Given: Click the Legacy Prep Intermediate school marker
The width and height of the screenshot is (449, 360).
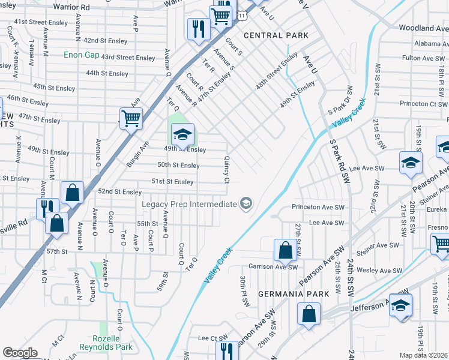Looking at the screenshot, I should (x=246, y=205).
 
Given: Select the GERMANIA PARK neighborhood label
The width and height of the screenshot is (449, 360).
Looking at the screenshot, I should (x=294, y=294).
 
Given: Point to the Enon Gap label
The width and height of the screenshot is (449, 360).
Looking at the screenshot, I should (x=81, y=55).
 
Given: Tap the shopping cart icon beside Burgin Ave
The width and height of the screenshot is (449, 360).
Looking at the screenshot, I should (x=131, y=118).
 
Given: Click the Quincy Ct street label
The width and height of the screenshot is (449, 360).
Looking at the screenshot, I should (x=227, y=170).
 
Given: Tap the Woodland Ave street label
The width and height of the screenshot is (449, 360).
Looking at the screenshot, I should (x=424, y=28).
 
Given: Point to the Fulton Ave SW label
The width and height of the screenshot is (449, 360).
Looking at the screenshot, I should (x=424, y=58).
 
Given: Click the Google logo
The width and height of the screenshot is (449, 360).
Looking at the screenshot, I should (x=20, y=353).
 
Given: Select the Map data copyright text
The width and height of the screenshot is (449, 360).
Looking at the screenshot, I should (x=424, y=355).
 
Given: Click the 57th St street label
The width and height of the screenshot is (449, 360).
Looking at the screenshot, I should (x=56, y=251).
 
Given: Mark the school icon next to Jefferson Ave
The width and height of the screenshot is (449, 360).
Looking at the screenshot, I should (x=400, y=305).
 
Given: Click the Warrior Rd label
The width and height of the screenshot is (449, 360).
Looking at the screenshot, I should (x=71, y=7).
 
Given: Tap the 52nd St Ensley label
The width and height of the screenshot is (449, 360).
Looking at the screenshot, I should (x=120, y=192).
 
